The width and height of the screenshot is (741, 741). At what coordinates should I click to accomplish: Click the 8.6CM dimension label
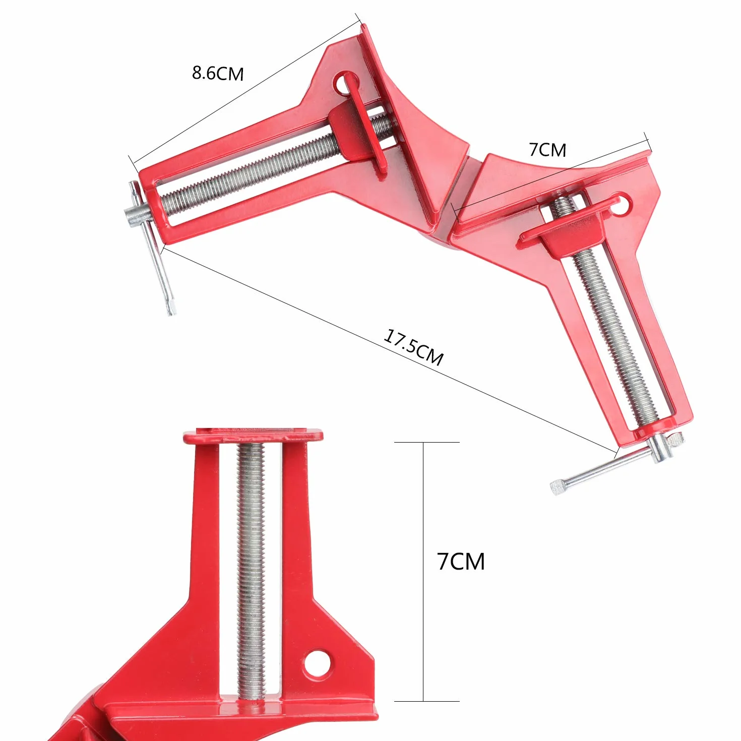pos(218,74)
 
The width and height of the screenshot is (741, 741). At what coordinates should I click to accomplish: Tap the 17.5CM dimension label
pos(413,347)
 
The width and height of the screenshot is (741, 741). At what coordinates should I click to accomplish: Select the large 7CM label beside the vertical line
pos(461,562)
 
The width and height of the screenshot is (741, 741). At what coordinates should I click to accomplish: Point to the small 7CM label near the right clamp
pos(547,150)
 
